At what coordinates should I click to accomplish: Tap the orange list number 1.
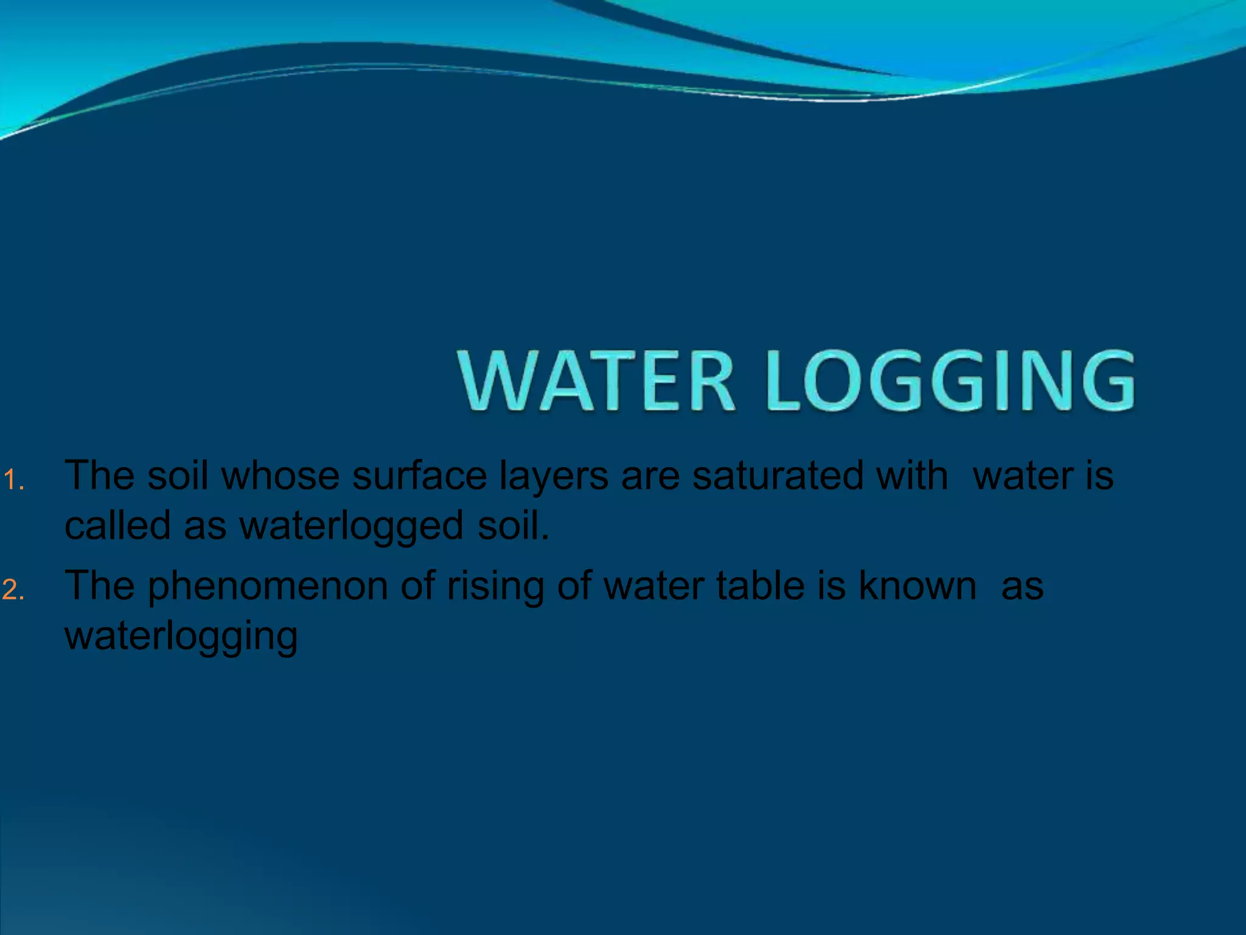[x=12, y=481]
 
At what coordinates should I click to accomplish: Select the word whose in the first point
[x=280, y=476]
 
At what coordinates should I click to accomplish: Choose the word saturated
[x=778, y=476]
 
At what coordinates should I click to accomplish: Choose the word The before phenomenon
[x=99, y=586]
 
